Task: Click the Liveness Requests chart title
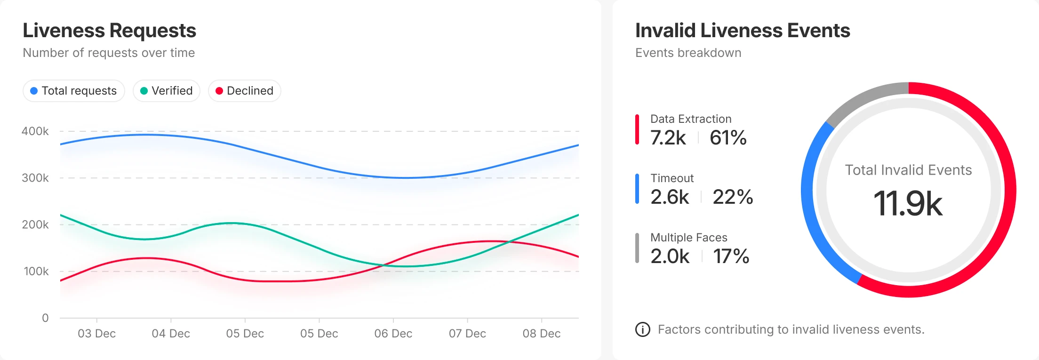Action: pyautogui.click(x=109, y=31)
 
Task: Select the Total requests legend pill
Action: pyautogui.click(x=74, y=91)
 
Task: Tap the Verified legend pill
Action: pyautogui.click(x=167, y=91)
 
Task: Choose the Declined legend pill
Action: pyautogui.click(x=245, y=91)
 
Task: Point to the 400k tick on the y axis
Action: pyautogui.click(x=35, y=131)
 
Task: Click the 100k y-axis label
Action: pyautogui.click(x=36, y=272)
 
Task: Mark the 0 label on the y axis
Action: pyautogui.click(x=45, y=318)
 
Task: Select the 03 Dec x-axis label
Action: pyautogui.click(x=96, y=334)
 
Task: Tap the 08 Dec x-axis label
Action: pyautogui.click(x=541, y=334)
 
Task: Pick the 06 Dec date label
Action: pyautogui.click(x=393, y=334)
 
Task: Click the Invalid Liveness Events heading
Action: pyautogui.click(x=743, y=31)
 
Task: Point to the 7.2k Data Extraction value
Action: pyautogui.click(x=668, y=138)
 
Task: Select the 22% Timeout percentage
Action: pyautogui.click(x=733, y=197)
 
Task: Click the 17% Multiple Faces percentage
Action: pyautogui.click(x=731, y=256)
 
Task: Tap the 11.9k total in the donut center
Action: pyautogui.click(x=908, y=204)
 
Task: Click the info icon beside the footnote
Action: pyautogui.click(x=643, y=329)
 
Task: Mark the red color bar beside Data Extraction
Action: pyautogui.click(x=637, y=129)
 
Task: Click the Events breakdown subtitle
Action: pyautogui.click(x=688, y=53)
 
